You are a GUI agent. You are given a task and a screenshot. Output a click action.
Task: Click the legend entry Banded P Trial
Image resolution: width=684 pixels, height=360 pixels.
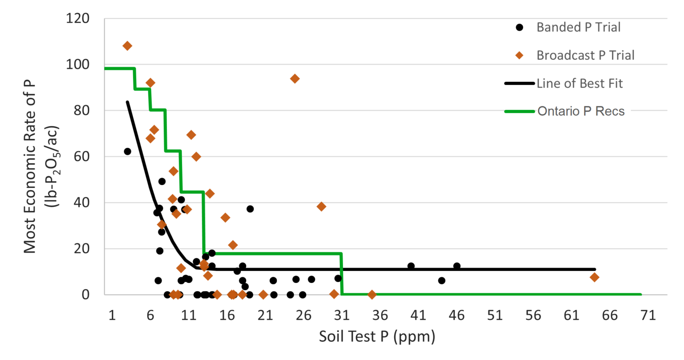[578, 28]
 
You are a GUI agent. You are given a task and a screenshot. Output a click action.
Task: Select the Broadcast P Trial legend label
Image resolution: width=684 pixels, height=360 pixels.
[585, 56]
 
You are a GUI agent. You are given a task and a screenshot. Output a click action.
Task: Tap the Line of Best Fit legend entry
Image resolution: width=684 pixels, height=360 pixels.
[579, 84]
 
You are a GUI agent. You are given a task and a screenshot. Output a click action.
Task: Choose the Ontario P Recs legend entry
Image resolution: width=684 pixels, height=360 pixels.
[581, 111]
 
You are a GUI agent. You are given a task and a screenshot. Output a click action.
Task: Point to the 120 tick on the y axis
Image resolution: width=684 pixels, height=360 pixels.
[77, 19]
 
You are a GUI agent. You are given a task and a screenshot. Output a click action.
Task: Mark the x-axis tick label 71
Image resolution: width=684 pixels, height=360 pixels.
[648, 316]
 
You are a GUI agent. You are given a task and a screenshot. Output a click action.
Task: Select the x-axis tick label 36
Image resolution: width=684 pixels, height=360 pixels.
[380, 316]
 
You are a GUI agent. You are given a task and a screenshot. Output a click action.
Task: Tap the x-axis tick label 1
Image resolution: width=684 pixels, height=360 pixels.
[112, 316]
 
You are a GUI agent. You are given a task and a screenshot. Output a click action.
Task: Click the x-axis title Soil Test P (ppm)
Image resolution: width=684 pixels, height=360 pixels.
[377, 336]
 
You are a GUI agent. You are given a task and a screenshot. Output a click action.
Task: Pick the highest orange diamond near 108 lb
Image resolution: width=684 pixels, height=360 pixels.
[127, 46]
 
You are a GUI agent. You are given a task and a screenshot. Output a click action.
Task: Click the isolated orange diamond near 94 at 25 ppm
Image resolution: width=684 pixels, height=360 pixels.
[294, 79]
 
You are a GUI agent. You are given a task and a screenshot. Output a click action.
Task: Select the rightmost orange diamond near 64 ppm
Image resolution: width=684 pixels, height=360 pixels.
[594, 277]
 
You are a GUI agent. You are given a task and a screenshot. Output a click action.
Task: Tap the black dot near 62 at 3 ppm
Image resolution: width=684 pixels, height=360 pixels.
[127, 151]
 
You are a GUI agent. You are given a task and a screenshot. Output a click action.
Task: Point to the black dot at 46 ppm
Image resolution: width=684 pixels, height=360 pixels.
[456, 266]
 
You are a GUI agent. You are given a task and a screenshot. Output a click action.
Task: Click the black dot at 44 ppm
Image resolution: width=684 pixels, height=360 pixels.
[441, 280]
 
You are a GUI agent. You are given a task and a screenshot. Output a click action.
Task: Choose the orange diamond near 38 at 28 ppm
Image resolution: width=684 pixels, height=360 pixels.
[321, 206]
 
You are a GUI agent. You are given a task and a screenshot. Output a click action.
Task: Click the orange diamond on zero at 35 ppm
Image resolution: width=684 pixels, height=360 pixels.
[372, 295]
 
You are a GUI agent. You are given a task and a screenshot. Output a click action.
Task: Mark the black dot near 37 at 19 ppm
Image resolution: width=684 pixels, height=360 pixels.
[250, 209]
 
